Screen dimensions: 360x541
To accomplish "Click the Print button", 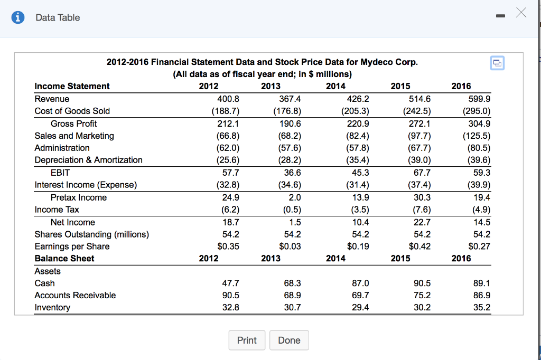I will [x=247, y=340].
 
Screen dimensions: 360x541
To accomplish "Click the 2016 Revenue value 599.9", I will [x=480, y=99].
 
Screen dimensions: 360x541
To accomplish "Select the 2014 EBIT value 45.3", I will [x=359, y=173].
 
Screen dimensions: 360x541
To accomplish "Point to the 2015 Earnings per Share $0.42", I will [x=420, y=247].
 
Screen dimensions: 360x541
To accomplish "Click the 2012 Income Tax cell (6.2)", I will [x=228, y=210].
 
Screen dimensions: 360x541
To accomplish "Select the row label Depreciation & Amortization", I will [x=88, y=160].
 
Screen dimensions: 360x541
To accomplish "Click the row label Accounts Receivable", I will [x=75, y=295].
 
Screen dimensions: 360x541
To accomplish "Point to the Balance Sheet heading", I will [x=64, y=259].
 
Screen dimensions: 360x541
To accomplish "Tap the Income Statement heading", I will [x=72, y=87].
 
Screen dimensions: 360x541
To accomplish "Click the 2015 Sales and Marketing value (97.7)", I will [x=418, y=136].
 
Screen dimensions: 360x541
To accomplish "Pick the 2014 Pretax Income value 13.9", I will [x=359, y=197].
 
